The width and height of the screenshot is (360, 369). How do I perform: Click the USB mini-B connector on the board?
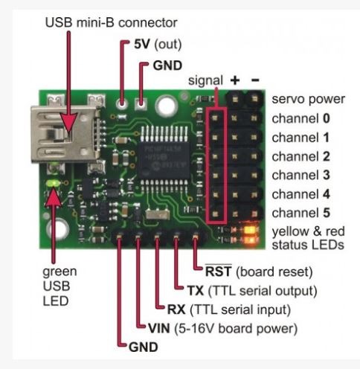click(x=65, y=134)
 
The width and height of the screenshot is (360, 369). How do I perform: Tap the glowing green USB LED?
click(x=53, y=184)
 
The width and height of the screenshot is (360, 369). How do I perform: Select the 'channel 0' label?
click(x=300, y=118)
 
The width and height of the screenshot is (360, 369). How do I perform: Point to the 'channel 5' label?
click(x=300, y=213)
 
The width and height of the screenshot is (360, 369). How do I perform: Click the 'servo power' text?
click(x=308, y=100)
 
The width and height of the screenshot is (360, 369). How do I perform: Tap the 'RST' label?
click(x=219, y=272)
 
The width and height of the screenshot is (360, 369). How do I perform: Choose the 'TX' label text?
click(x=196, y=291)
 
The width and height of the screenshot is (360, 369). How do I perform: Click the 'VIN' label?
click(x=159, y=329)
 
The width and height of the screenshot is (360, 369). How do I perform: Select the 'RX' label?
click(x=176, y=309)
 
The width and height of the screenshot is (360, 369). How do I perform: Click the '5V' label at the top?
click(x=142, y=44)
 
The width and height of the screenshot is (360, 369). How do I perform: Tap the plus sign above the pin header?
click(x=235, y=80)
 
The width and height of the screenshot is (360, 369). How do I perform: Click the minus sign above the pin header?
click(x=255, y=80)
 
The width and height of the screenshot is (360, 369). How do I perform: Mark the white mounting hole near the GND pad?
click(x=167, y=106)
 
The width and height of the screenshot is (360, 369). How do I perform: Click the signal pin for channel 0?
click(x=215, y=118)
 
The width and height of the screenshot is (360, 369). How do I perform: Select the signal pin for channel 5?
click(x=215, y=214)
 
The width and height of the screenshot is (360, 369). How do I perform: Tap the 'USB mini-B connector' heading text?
click(x=111, y=23)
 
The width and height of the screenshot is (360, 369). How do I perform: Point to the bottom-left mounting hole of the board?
click(x=59, y=228)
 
